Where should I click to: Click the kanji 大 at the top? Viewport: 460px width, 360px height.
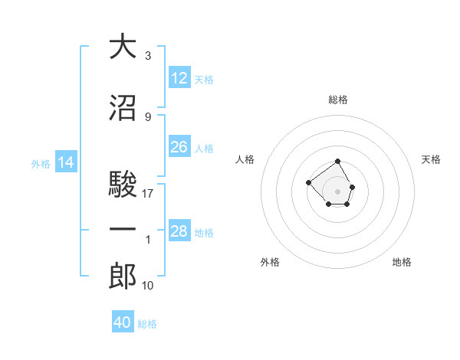(x=123, y=47)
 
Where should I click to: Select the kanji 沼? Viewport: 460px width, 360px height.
(x=123, y=109)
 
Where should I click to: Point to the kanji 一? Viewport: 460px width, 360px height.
(x=123, y=230)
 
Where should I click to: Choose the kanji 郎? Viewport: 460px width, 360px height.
(x=123, y=277)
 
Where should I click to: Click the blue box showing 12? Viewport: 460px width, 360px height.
(x=179, y=78)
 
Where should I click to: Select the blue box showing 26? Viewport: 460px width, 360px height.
(x=179, y=147)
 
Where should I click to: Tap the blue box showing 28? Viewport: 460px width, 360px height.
(x=179, y=231)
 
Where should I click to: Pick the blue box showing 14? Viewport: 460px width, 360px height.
(x=66, y=162)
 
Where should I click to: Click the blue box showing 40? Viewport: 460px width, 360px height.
(x=123, y=322)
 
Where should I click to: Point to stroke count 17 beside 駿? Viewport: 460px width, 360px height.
(x=148, y=194)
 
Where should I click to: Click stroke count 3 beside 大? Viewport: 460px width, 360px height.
(x=148, y=56)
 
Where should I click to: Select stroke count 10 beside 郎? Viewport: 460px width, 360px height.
(x=148, y=286)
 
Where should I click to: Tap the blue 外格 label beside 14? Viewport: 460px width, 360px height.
(x=41, y=163)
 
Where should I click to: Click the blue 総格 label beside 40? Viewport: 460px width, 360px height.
(x=147, y=324)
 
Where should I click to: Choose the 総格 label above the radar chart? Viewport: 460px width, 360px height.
(x=338, y=100)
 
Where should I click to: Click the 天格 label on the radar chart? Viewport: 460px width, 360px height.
(x=432, y=159)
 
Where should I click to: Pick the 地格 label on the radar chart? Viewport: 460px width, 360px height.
(x=402, y=262)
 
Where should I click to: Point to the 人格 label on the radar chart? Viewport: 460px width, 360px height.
(x=246, y=159)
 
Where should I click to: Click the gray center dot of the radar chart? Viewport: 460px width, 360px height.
(x=338, y=191)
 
